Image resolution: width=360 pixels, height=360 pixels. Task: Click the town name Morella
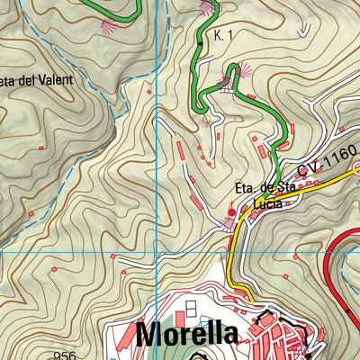(187, 335)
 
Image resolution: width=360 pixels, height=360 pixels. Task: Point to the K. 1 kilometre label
(224, 36)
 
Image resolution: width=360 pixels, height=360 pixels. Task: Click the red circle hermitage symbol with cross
(231, 212)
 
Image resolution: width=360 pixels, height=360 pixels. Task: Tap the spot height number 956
(64, 355)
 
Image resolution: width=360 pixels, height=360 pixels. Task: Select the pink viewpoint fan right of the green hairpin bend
(245, 68)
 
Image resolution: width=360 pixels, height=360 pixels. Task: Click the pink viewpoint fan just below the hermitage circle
(228, 225)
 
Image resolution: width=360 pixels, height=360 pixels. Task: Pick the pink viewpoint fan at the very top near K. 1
(207, 7)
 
